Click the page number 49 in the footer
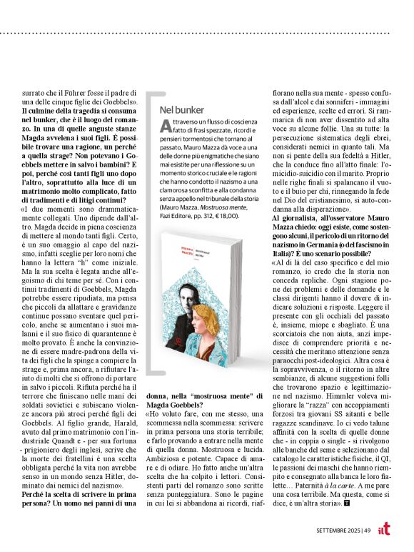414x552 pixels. (x=366, y=530)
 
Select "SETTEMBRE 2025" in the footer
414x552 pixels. (x=338, y=530)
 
